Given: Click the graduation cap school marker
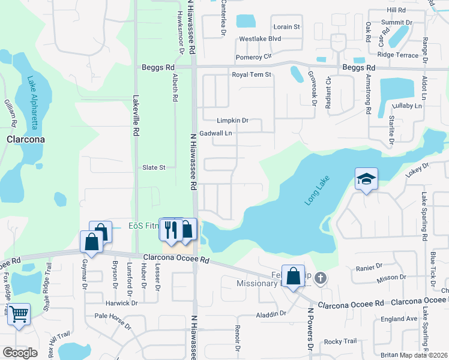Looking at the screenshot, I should pyautogui.click(x=366, y=179).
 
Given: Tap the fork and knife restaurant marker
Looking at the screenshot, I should pyautogui.click(x=172, y=229).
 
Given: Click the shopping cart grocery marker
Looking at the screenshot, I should pyautogui.click(x=19, y=314).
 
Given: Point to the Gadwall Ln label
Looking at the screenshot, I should pyautogui.click(x=215, y=133).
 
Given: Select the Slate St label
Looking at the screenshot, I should pyautogui.click(x=154, y=167).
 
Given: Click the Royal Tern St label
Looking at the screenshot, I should pyautogui.click(x=252, y=75).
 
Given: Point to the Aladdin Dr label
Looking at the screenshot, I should pyautogui.click(x=271, y=314).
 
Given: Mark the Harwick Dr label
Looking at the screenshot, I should pyautogui.click(x=122, y=303).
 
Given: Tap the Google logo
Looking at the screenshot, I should pyautogui.click(x=20, y=353).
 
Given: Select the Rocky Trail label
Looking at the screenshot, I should pyautogui.click(x=341, y=341).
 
